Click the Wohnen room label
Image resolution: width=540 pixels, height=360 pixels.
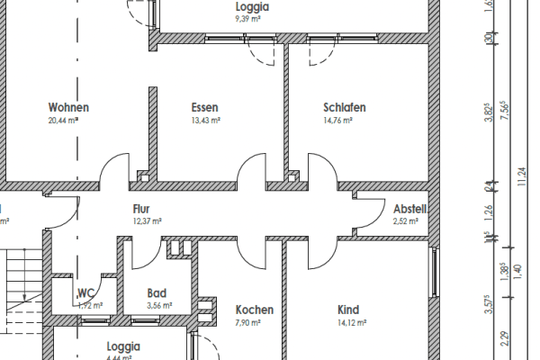(x=68, y=107)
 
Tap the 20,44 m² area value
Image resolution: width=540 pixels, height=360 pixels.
(x=68, y=120)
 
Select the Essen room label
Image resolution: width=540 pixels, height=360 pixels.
(x=205, y=107)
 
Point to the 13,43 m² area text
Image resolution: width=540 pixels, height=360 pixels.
(x=205, y=120)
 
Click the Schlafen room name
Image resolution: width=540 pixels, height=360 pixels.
(x=345, y=107)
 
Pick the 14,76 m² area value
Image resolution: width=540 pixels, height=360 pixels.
(x=345, y=120)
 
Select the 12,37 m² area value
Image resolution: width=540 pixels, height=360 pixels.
(x=147, y=220)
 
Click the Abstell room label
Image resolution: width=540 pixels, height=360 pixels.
(x=409, y=209)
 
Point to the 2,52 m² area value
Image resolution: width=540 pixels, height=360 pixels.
(x=407, y=220)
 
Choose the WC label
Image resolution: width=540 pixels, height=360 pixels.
(x=86, y=292)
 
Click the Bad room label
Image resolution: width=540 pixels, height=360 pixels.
(x=157, y=292)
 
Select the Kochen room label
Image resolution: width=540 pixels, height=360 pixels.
(x=254, y=310)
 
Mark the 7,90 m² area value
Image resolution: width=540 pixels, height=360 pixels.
(x=247, y=322)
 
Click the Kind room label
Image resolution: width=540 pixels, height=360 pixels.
(x=348, y=310)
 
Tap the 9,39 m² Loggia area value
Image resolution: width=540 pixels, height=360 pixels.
(x=248, y=17)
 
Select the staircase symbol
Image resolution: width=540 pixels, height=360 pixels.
(x=22, y=280)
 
